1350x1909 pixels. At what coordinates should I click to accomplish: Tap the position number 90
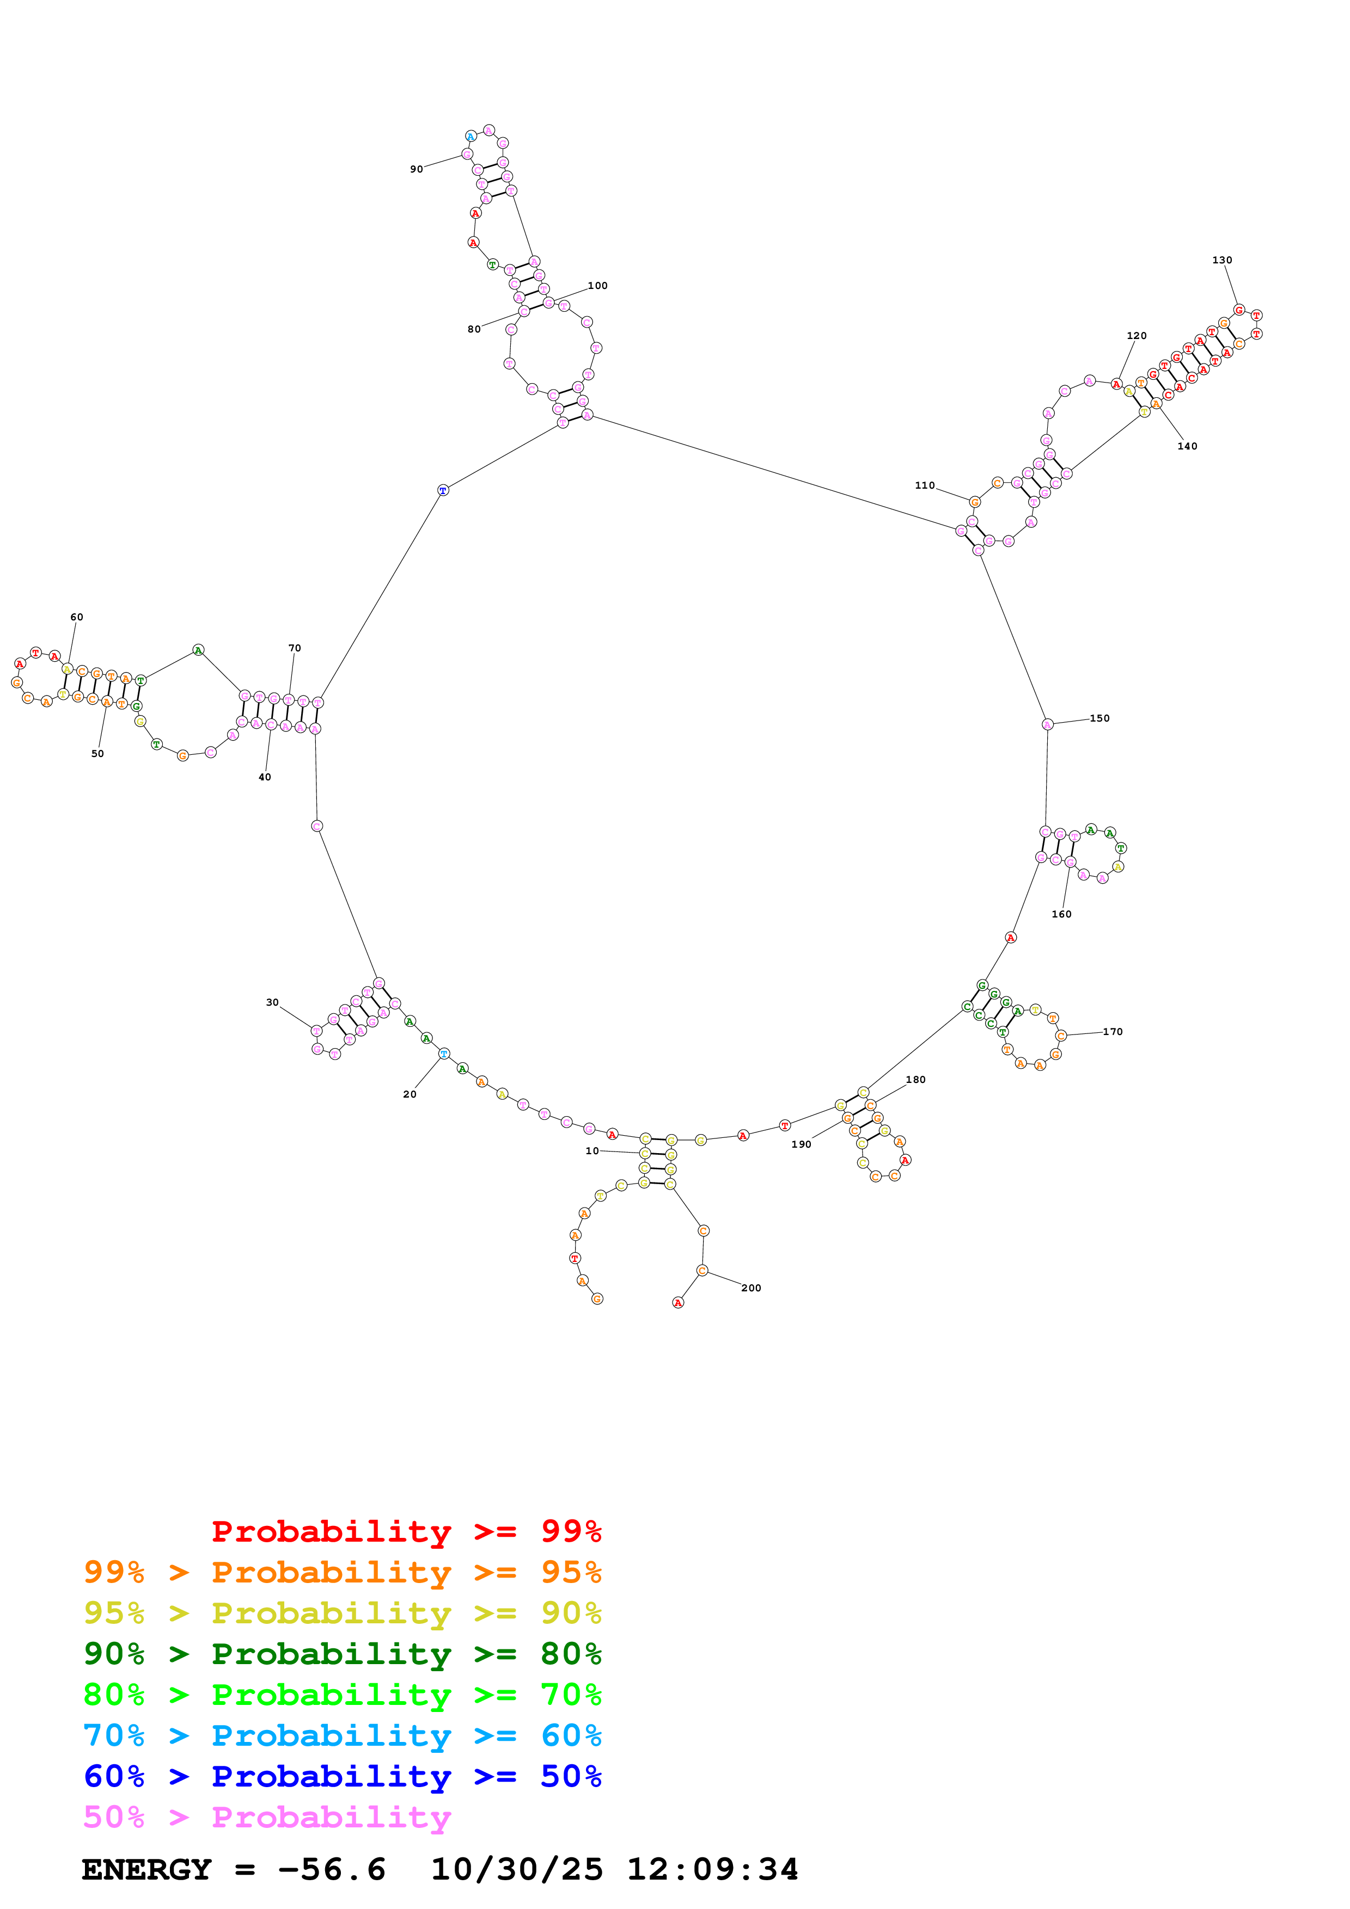tap(416, 170)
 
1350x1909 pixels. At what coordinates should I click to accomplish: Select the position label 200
tap(750, 1288)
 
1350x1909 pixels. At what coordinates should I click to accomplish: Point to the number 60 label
tap(77, 617)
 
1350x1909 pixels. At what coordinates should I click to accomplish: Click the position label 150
tap(1099, 718)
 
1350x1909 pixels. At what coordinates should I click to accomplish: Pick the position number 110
tap(924, 485)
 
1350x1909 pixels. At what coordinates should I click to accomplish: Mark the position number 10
tap(591, 1151)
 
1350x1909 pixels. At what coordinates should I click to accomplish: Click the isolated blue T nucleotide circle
tap(443, 490)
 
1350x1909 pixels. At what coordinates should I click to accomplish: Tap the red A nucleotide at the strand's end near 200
tap(678, 1303)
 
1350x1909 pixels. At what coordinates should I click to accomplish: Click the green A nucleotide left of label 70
tap(198, 650)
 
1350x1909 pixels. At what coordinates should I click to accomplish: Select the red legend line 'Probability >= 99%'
tap(406, 1531)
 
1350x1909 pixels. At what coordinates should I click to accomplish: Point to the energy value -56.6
tap(331, 1869)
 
